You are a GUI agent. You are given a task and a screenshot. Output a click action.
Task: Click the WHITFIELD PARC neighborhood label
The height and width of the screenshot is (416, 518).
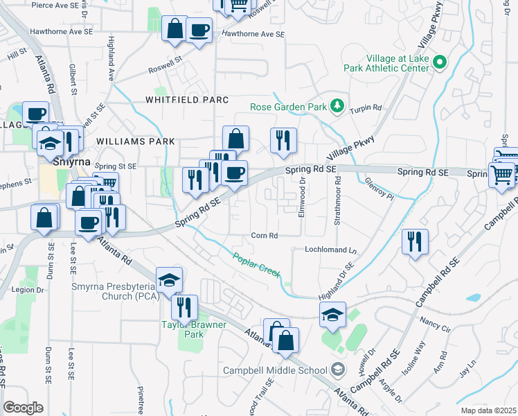point(186,100)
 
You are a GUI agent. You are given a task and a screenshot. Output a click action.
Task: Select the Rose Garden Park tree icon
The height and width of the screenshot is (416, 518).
point(337,105)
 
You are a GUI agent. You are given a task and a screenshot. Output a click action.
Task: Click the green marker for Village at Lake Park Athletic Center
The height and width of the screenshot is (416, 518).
point(439,63)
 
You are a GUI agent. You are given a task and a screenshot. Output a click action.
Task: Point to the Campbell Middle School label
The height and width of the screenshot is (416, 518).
point(276,370)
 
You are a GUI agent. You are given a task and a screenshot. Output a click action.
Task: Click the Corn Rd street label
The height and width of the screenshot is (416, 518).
point(265,236)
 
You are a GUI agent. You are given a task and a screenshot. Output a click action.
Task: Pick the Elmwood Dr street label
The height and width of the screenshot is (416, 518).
point(302,198)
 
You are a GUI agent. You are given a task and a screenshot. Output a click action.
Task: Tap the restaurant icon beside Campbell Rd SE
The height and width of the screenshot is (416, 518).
point(415,242)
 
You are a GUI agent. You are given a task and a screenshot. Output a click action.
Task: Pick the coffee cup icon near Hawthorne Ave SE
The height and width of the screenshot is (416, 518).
point(199,31)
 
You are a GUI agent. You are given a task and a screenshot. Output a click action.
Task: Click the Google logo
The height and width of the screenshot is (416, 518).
point(24,408)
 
